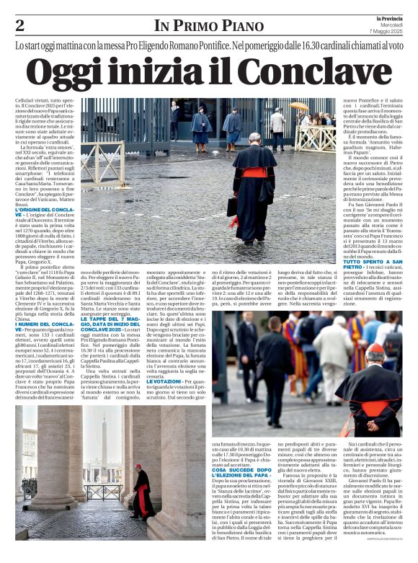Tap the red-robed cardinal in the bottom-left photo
point(141,495)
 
